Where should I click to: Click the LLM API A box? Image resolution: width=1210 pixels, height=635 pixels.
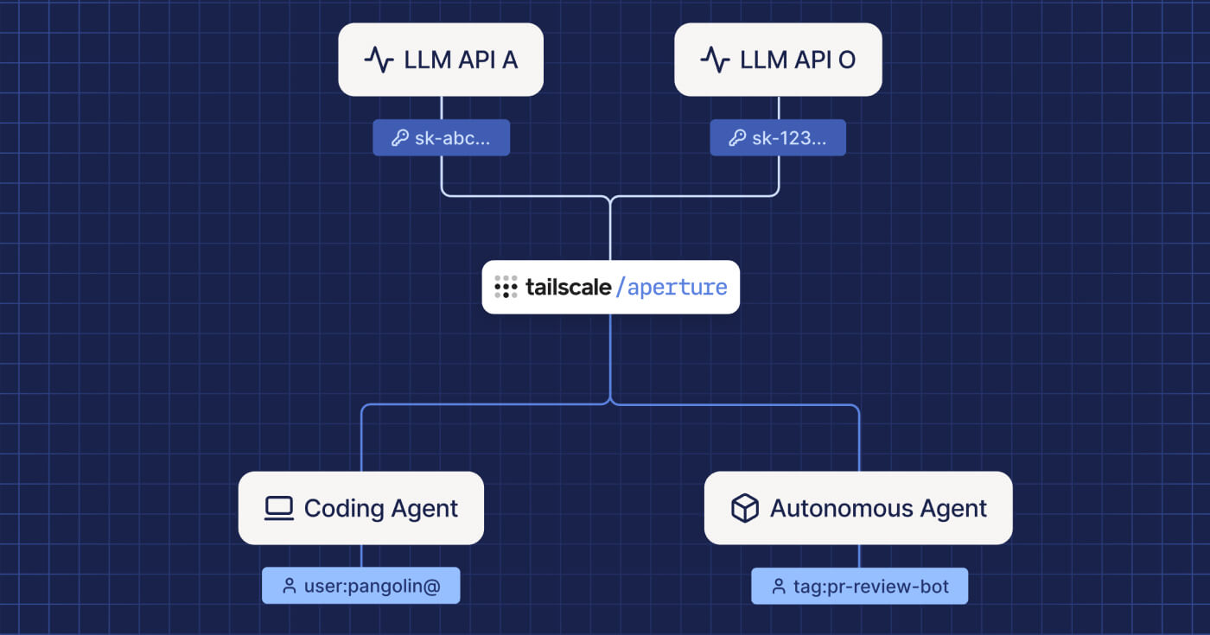(441, 60)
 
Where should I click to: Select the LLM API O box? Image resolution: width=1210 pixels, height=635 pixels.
(778, 60)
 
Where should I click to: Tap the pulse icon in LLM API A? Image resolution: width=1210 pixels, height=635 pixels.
(379, 60)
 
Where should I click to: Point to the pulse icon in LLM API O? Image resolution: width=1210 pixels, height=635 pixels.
(715, 60)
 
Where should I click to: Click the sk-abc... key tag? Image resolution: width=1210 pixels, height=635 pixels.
(441, 137)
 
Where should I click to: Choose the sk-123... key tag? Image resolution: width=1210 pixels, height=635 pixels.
(778, 137)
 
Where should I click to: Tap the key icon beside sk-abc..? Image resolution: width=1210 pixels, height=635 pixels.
(400, 137)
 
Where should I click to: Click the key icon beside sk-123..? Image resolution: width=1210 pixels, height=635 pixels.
(737, 137)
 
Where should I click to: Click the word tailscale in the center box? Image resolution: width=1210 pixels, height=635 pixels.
(568, 287)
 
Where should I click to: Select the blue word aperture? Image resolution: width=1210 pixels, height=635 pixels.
(678, 287)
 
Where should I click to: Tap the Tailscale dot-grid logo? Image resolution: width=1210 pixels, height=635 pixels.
(506, 287)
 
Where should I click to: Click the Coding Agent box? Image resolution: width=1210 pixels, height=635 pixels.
(360, 508)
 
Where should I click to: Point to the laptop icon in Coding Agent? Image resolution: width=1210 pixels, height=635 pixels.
(278, 508)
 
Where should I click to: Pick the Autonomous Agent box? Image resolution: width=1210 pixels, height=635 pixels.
(858, 508)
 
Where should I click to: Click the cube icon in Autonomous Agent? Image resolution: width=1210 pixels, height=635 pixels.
(744, 508)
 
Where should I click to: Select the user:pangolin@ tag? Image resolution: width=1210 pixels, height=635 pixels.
(360, 586)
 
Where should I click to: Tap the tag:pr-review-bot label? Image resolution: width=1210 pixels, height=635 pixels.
(859, 586)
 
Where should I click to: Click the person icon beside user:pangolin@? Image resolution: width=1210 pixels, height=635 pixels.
(290, 586)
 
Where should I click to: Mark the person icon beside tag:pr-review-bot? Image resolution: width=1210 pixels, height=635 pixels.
(779, 586)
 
